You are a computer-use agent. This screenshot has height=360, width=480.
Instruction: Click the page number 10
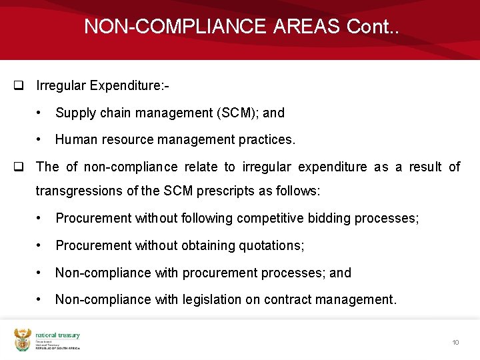[455, 342]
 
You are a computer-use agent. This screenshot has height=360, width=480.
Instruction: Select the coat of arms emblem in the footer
[23, 340]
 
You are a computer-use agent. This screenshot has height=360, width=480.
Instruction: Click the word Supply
[76, 113]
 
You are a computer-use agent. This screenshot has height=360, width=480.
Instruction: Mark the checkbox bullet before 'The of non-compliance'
[19, 167]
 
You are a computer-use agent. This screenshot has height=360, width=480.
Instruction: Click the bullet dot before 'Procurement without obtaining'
[41, 246]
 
